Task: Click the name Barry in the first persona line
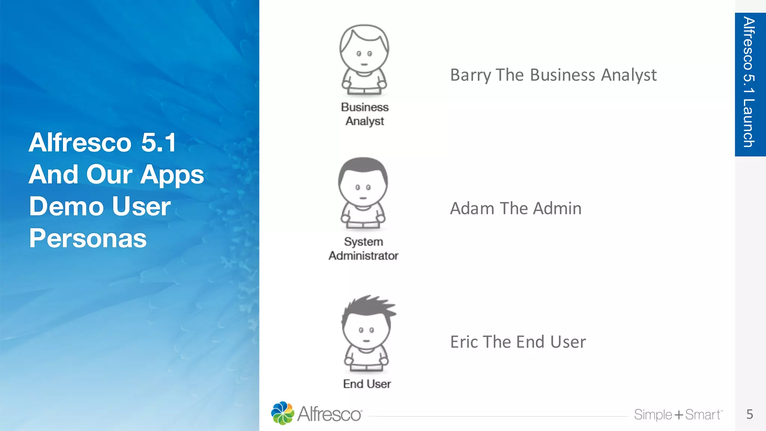click(470, 75)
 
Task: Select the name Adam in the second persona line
click(472, 208)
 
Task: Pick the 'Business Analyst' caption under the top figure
click(365, 114)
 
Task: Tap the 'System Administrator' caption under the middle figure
click(363, 249)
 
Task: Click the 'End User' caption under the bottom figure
click(367, 384)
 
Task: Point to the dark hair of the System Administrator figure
click(363, 166)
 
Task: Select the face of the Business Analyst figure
click(364, 56)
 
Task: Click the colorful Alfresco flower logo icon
click(282, 413)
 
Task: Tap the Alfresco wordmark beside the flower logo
click(329, 414)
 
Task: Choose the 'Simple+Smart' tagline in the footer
click(678, 415)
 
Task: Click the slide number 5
click(750, 414)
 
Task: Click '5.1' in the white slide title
click(158, 143)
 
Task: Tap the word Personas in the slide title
click(88, 238)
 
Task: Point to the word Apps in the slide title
click(172, 175)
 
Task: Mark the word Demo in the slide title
click(66, 207)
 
